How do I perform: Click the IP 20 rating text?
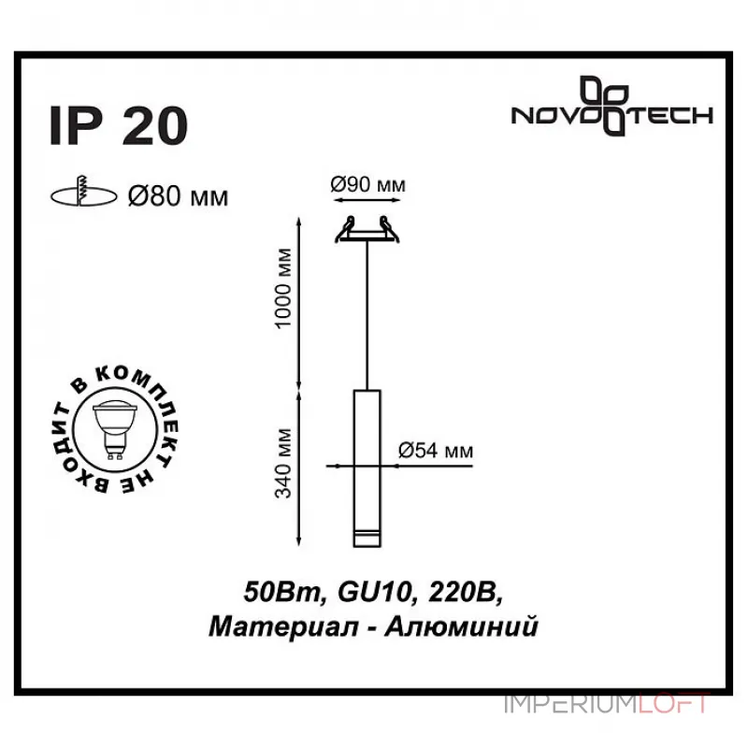[x=118, y=126]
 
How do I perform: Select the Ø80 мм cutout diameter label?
[x=177, y=196]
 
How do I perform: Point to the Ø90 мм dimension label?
[x=369, y=185]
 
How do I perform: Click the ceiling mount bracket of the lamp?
[x=369, y=232]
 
